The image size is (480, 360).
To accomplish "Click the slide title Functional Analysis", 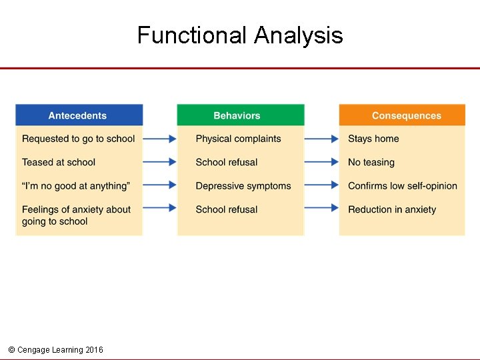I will tap(240, 35).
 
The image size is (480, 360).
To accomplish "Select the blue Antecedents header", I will tap(78, 115).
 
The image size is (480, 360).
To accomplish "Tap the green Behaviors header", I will tap(237, 115).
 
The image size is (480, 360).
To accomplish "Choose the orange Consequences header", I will tap(406, 115).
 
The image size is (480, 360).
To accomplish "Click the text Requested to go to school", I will tap(78, 139).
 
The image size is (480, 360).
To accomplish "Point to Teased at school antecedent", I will tap(59, 162).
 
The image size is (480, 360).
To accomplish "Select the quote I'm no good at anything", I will tap(75, 185).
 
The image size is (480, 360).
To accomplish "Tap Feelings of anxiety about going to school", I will tap(76, 215).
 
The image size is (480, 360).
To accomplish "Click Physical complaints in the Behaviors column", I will tap(238, 139).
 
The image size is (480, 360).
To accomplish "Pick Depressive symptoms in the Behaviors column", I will tap(243, 185).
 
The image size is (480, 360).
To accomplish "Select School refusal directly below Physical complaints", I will tap(227, 162).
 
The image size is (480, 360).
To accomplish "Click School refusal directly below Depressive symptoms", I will tap(227, 209).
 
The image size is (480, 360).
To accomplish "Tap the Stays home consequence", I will tap(373, 139).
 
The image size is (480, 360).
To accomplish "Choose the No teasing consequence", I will tap(371, 162).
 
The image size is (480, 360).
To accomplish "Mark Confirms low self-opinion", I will tap(403, 185).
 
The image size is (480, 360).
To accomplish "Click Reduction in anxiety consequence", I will tap(392, 209).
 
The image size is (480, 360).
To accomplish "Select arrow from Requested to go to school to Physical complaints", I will tap(160, 139).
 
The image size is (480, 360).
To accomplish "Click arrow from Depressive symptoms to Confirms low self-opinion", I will tap(322, 185).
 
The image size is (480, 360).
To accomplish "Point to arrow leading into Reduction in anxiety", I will tap(322, 208).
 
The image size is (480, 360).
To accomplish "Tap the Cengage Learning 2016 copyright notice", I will tap(55, 350).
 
